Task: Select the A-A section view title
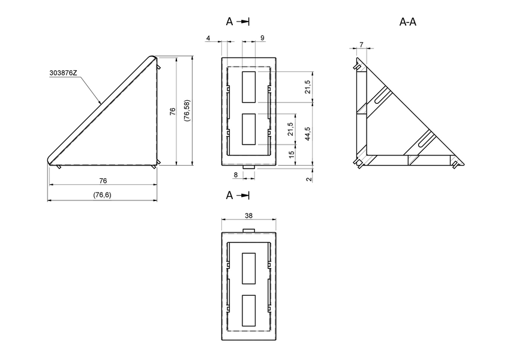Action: tap(408, 22)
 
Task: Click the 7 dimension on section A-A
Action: tap(361, 45)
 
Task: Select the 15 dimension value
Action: tap(292, 155)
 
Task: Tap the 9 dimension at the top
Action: tap(262, 38)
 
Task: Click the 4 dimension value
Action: tap(208, 38)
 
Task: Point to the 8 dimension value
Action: tap(236, 175)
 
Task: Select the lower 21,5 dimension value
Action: tap(292, 128)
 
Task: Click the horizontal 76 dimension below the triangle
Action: tap(103, 181)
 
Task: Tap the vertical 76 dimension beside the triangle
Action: tap(172, 111)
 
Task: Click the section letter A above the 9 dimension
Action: tap(229, 22)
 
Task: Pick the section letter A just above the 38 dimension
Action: tap(229, 195)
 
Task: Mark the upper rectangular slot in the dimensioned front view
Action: tap(248, 87)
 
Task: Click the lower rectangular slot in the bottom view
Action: tap(248, 311)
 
